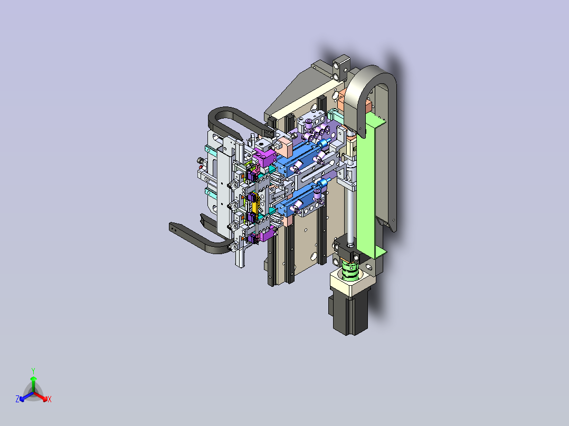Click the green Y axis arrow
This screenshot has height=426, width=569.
33,384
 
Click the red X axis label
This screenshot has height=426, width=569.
50,399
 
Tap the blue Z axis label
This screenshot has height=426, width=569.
17,399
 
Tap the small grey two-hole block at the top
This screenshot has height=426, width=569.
342,67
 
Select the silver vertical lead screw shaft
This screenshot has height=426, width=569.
350,214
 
